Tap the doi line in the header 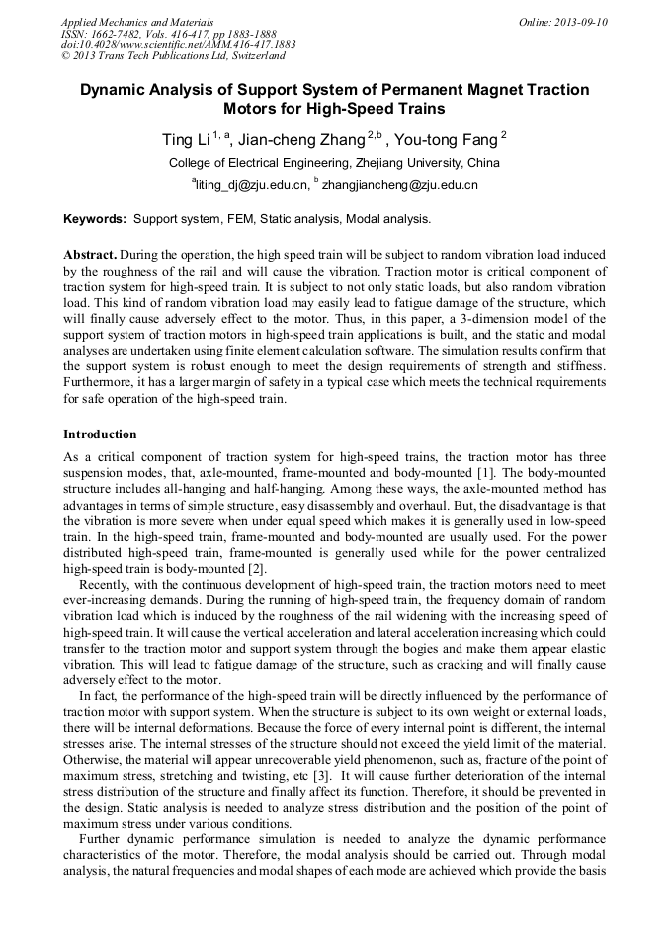point(178,45)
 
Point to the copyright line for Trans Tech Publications point(173,57)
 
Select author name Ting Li point(186,140)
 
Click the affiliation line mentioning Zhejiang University point(334,163)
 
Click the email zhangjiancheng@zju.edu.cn point(400,185)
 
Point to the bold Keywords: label point(95,218)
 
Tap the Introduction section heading point(100,434)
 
